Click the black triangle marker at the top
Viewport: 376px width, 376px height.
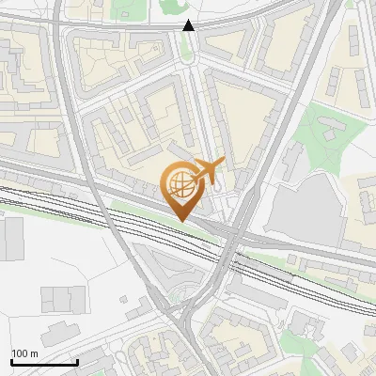(189, 25)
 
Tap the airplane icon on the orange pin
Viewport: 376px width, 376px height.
(207, 171)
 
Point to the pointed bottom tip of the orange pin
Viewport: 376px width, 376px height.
(180, 221)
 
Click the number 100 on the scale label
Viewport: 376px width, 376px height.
(20, 353)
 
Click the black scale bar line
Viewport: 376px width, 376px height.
(43, 363)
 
